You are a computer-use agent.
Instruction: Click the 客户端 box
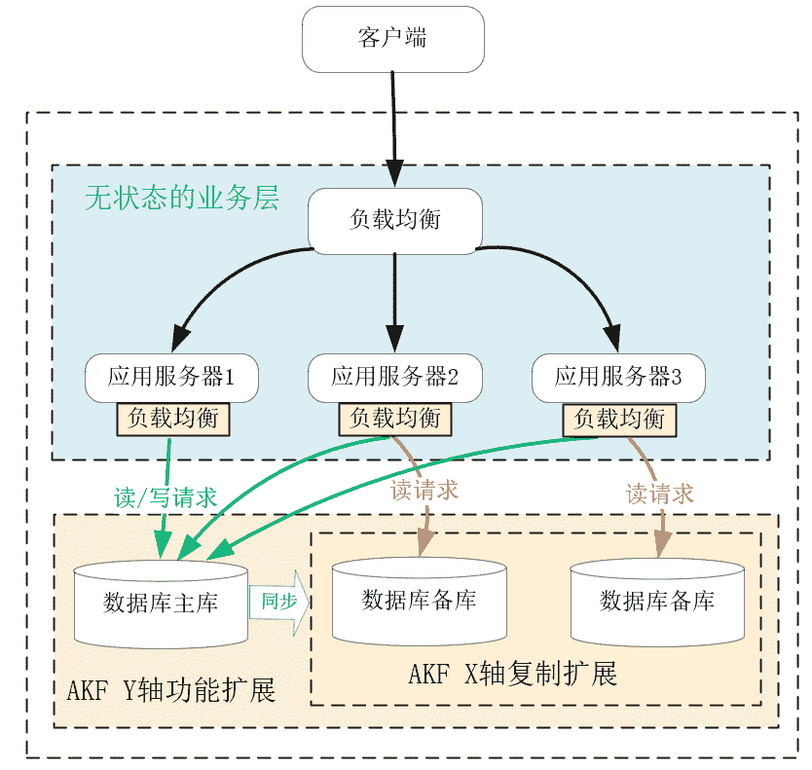point(393,39)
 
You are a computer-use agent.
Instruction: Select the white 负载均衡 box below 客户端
point(394,220)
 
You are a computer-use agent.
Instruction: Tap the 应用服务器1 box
point(171,377)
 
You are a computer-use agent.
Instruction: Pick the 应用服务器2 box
point(394,377)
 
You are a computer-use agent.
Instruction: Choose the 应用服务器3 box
point(618,377)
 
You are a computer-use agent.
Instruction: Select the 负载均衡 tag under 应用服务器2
point(394,420)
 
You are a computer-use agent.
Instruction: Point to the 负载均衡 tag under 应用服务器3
point(619,420)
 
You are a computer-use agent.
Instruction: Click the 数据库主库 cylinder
point(161,604)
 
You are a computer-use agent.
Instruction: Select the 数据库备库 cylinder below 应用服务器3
point(657,601)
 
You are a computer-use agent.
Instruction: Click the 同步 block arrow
point(278,602)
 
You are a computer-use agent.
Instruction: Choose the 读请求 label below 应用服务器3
point(660,494)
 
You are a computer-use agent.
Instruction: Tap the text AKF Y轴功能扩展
point(171,691)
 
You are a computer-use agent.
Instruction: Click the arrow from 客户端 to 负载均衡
point(393,127)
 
